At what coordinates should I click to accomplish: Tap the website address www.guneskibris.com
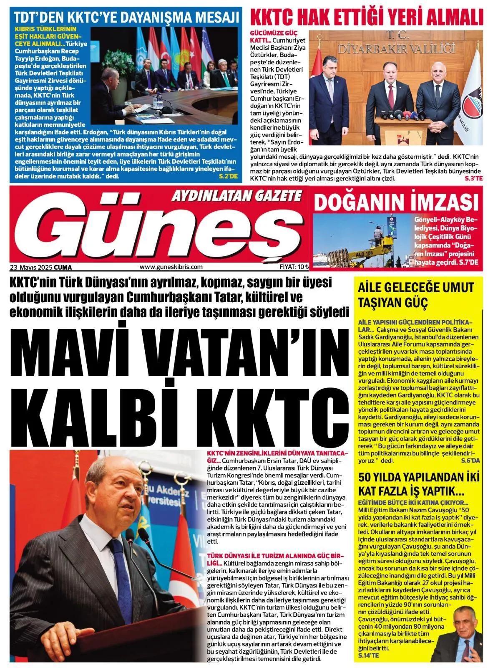(x=171, y=267)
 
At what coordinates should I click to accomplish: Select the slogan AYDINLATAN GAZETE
(x=236, y=195)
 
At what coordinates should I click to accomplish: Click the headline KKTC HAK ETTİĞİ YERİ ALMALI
(x=366, y=18)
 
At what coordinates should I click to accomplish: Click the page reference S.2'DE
(x=228, y=176)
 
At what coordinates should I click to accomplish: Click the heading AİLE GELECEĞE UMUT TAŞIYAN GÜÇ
(x=416, y=294)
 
